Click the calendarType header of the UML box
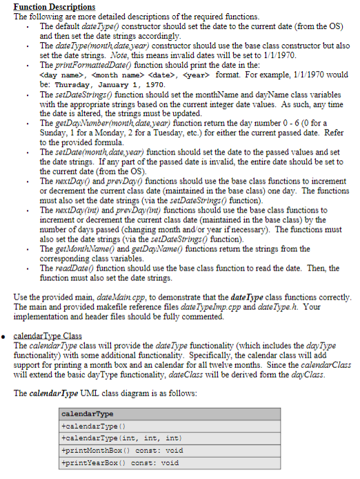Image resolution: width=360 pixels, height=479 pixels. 88,414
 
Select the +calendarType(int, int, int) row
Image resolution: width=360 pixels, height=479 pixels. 110,438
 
